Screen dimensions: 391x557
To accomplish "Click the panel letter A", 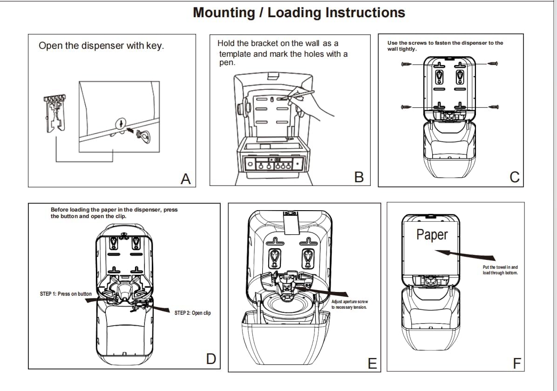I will [186, 179].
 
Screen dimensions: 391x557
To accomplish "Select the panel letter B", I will [359, 177].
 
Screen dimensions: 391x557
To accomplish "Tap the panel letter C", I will [515, 177].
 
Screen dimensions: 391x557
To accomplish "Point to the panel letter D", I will [211, 358].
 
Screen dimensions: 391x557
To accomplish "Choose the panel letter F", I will [516, 363].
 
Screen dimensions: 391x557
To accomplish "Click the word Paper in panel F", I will [432, 235].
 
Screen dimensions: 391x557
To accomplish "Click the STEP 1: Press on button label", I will [66, 294].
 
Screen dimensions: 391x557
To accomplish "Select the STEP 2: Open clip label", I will [192, 313].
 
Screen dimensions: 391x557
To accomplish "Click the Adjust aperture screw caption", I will [349, 305].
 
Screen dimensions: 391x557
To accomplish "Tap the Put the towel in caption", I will [500, 270].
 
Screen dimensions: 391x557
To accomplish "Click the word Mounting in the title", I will [224, 13].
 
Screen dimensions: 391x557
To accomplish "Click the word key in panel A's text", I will [153, 46].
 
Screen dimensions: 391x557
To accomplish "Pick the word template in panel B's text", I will [235, 54].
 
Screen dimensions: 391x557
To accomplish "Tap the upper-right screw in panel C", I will [493, 64].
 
